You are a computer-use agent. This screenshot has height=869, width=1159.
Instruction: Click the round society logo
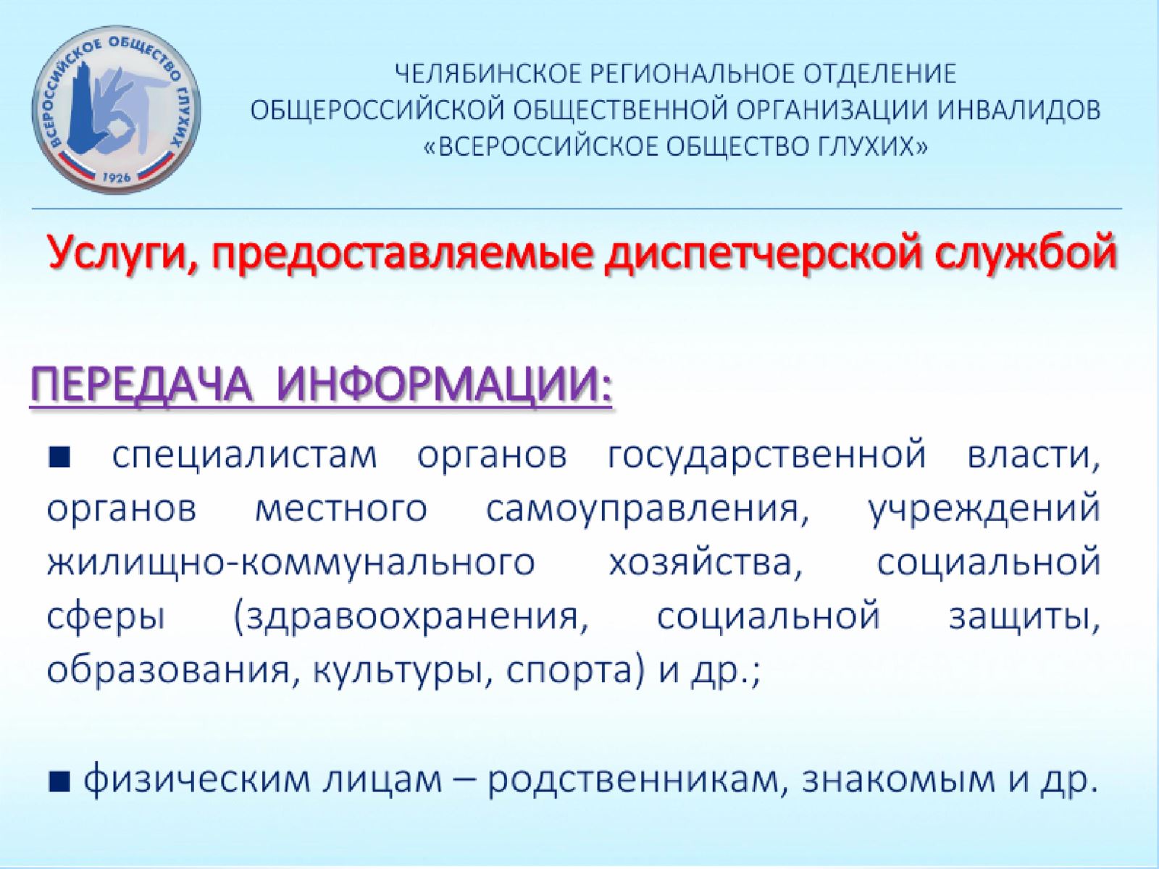pos(116,109)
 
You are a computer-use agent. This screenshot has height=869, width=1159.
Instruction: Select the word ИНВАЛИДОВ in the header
pos(1021,110)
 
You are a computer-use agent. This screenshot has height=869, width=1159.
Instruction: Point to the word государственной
pos(766,457)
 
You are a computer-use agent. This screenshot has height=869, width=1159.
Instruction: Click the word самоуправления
pos(648,511)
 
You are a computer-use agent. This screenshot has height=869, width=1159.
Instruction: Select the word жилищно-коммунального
pos(291,563)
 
